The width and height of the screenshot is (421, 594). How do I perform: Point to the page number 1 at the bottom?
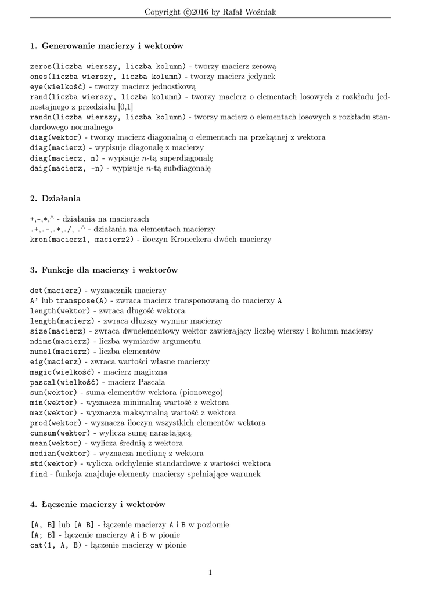point(210,573)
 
